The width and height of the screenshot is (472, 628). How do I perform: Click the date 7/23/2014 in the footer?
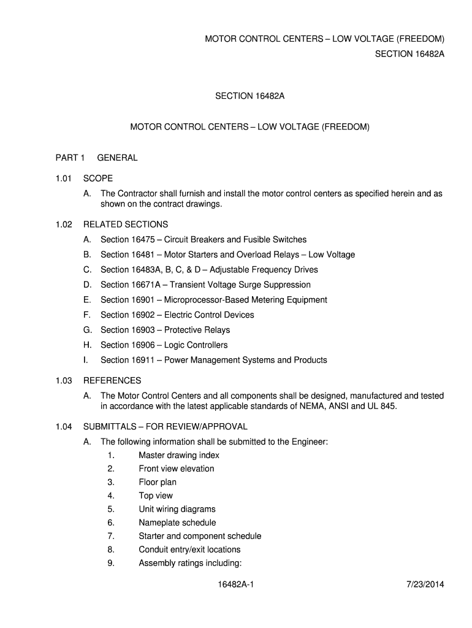tap(425, 584)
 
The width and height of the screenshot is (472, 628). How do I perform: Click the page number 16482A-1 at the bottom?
tap(235, 584)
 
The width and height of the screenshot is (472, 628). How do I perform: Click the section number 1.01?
tap(64, 178)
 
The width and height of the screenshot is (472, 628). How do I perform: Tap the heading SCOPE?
tap(98, 178)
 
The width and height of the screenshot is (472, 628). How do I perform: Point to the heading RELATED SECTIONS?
tap(126, 224)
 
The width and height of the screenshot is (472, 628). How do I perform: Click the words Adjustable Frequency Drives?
tap(262, 270)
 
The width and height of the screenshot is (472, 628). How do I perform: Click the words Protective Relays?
tap(197, 330)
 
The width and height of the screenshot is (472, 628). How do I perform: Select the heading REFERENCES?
tap(112, 381)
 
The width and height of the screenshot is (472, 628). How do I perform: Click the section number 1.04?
tap(64, 426)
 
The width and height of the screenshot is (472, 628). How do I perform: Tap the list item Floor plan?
tap(158, 482)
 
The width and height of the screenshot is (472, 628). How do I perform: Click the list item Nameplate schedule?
tap(177, 523)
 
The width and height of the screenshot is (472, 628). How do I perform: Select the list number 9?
tap(111, 563)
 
